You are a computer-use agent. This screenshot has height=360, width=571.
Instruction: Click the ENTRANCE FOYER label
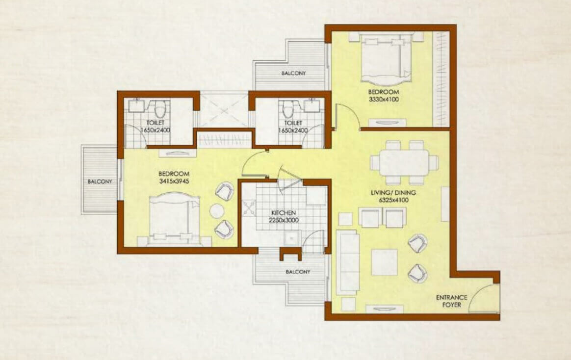(452, 301)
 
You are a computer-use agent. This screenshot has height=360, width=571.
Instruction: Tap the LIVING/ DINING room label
(393, 193)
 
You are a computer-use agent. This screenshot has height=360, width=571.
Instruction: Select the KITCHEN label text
(284, 212)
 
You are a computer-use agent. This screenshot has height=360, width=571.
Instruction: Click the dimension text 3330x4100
(384, 99)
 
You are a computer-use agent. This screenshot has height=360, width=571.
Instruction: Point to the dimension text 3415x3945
(174, 181)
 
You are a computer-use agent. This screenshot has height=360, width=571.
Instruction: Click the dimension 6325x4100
(393, 200)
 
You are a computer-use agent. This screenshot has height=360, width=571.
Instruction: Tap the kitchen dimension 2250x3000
(284, 220)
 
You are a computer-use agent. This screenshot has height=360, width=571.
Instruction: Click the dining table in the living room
(404, 162)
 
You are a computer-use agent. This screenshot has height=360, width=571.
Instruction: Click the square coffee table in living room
(385, 262)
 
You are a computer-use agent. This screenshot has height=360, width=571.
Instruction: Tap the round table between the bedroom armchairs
(217, 211)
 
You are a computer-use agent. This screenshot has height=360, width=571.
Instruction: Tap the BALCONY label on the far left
(100, 181)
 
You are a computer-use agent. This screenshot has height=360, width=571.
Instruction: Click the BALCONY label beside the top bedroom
(293, 73)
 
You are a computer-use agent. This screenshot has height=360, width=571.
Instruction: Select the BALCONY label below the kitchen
(298, 272)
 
